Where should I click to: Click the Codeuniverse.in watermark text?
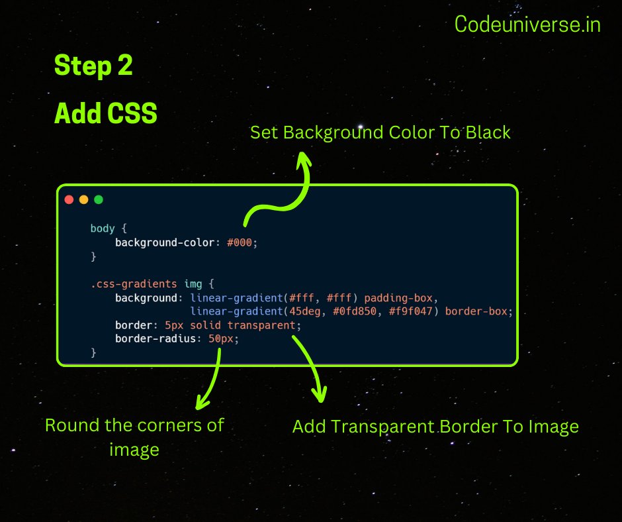point(527,25)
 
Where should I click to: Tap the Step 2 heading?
point(93,66)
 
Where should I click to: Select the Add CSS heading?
point(106,114)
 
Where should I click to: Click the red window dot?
point(69,199)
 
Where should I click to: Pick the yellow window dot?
point(83,199)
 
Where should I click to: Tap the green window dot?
point(99,199)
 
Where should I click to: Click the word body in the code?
point(103,229)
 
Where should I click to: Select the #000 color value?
point(240,242)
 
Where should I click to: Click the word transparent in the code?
point(261,326)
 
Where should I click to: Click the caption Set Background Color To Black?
point(380,132)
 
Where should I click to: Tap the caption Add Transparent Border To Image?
point(435,427)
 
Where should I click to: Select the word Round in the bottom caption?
point(71,425)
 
